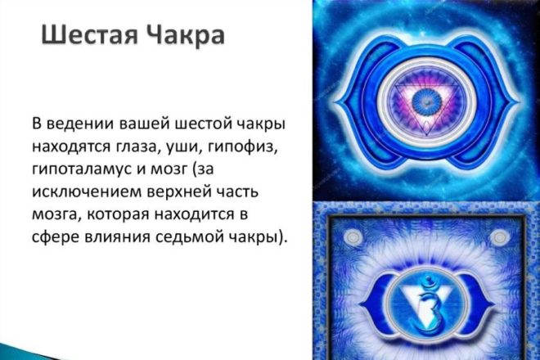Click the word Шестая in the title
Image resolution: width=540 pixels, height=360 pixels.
click(x=89, y=35)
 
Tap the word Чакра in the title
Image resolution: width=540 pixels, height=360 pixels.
click(x=185, y=35)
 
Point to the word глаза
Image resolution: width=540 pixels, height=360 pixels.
click(x=136, y=147)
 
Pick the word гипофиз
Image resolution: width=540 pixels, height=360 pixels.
click(x=241, y=147)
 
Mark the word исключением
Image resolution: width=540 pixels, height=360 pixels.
click(x=87, y=192)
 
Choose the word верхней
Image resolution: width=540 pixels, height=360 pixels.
click(x=179, y=192)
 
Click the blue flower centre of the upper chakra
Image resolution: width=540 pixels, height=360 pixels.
click(x=426, y=101)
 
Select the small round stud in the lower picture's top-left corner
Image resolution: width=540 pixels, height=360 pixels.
click(x=353, y=237)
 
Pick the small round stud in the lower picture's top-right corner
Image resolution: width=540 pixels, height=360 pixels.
click(x=498, y=237)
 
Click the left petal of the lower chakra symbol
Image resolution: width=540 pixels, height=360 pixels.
click(x=375, y=304)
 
